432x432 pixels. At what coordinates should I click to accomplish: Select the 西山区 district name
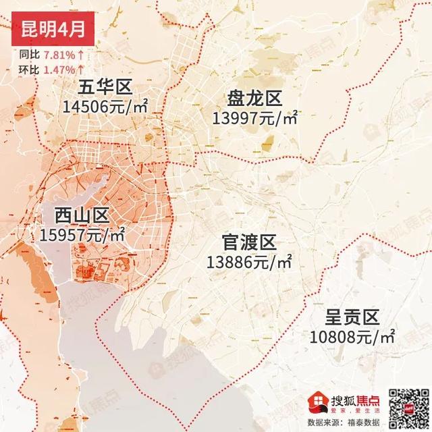[82, 216]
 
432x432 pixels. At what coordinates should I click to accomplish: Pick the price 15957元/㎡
[82, 235]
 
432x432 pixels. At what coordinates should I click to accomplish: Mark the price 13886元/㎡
[250, 262]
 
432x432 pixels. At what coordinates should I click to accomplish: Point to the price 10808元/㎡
[352, 335]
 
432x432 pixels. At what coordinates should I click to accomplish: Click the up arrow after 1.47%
[80, 69]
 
